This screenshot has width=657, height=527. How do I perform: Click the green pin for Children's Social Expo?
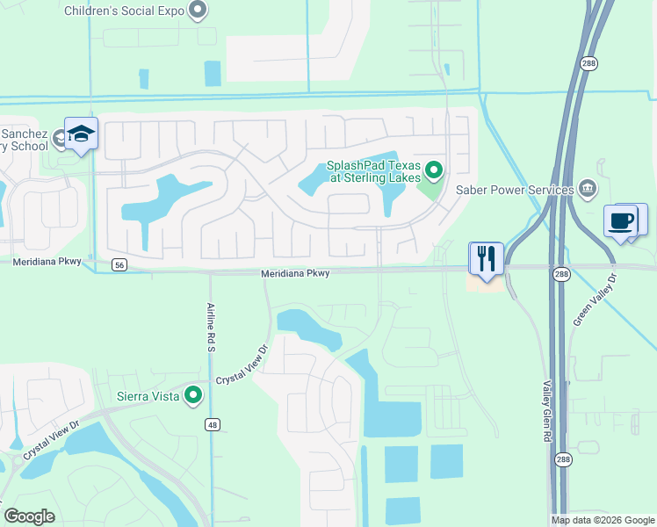pyautogui.click(x=199, y=11)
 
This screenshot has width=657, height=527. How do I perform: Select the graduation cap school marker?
pyautogui.click(x=81, y=134)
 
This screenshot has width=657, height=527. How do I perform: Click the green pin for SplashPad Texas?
pyautogui.click(x=432, y=170)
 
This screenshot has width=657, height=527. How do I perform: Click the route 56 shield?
pyautogui.click(x=119, y=263)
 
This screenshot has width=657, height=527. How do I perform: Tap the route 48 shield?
pyautogui.click(x=212, y=425)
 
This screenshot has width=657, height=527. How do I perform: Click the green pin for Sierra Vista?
pyautogui.click(x=192, y=395)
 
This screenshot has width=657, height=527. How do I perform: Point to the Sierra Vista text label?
pyautogui.click(x=148, y=396)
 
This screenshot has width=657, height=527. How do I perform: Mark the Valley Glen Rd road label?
pyautogui.click(x=546, y=411)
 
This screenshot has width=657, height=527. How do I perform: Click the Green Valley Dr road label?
pyautogui.click(x=595, y=300)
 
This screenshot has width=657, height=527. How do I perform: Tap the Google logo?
pyautogui.click(x=29, y=516)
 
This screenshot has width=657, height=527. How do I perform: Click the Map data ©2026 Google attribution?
pyautogui.click(x=603, y=520)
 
